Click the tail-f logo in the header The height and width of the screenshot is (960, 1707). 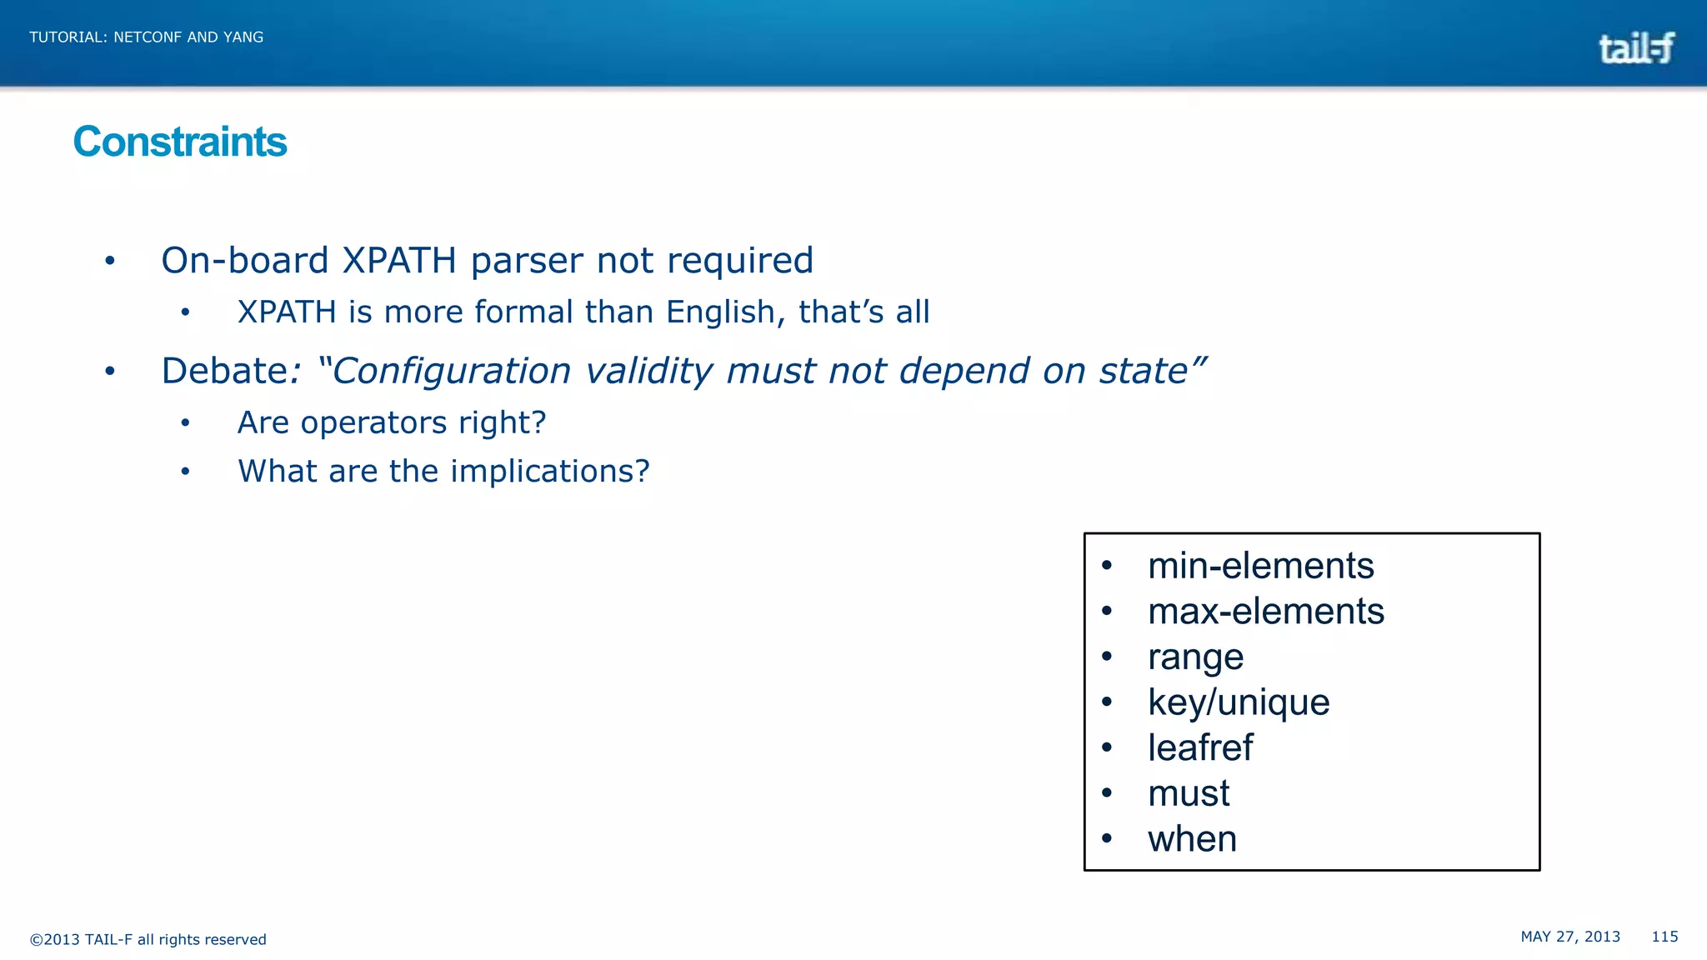[x=1635, y=48]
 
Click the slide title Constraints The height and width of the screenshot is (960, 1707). [x=180, y=142]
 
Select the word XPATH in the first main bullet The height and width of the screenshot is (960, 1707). [x=399, y=261]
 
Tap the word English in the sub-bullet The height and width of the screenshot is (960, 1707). [x=720, y=312]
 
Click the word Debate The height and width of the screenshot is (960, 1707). [x=224, y=372]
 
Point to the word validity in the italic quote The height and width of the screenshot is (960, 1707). [x=648, y=372]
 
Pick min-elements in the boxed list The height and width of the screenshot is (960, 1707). [x=1260, y=566]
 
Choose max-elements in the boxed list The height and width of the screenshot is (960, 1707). [x=1265, y=612]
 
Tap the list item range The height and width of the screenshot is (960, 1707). [x=1195, y=657]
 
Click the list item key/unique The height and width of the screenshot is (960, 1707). [x=1239, y=702]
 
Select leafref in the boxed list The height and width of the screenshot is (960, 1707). [x=1200, y=747]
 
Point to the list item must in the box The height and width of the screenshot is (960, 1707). [x=1189, y=793]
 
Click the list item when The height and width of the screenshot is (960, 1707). [x=1192, y=839]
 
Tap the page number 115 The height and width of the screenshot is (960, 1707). [x=1664, y=937]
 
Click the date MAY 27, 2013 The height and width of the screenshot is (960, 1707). [x=1570, y=937]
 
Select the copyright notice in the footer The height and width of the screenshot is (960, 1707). [x=148, y=940]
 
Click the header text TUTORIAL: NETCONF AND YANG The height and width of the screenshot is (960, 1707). [x=147, y=37]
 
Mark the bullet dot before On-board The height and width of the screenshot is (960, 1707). [x=110, y=262]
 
